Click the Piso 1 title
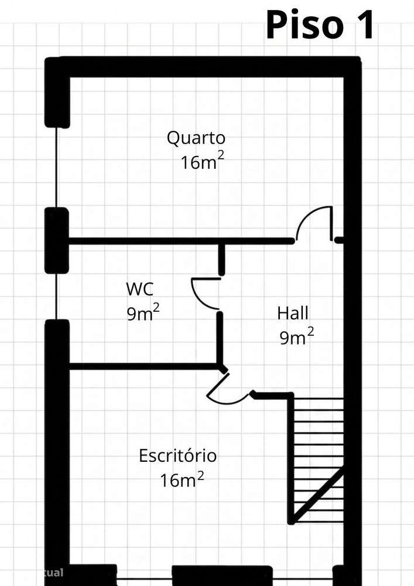tap(320, 25)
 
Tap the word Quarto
tap(196, 138)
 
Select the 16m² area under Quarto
tap(203, 162)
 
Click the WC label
tap(139, 289)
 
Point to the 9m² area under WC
tap(143, 312)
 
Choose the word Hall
tap(293, 313)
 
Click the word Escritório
tap(177, 455)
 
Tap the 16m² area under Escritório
tap(182, 479)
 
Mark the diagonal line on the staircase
tap(318, 494)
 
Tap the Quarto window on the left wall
tap(56, 168)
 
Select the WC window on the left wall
tap(56, 297)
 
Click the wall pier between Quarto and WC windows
tap(57, 240)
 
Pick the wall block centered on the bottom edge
tap(222, 575)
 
